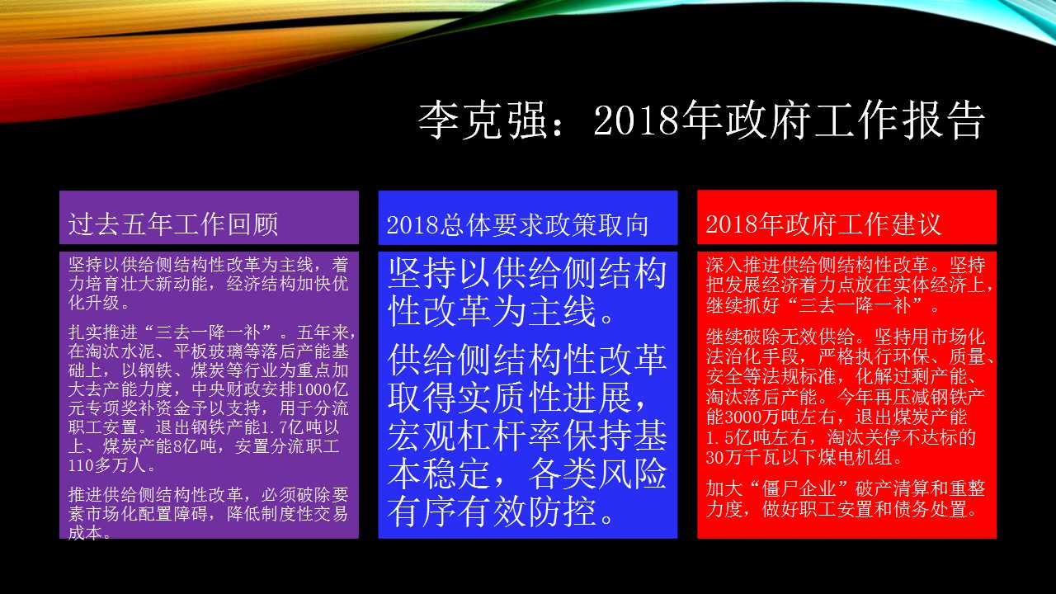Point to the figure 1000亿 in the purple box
323,389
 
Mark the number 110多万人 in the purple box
111,466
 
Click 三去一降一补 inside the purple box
208,332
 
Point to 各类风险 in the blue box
598,474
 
